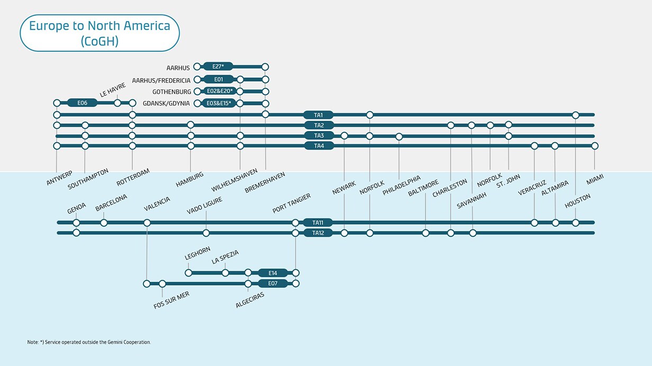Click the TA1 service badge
point(318,115)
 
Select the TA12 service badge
point(318,233)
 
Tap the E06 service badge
point(82,103)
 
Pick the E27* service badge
point(218,67)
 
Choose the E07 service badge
point(273,284)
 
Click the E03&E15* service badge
point(219,103)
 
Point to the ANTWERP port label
point(59,177)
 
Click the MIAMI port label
point(595,181)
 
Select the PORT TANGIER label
point(292,203)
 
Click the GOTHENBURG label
point(171,92)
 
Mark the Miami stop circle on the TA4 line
point(595,146)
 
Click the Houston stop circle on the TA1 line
point(575,115)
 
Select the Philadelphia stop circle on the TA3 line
point(399,137)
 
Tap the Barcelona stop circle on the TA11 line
point(104,222)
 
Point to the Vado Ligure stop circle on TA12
point(206,233)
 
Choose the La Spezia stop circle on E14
point(225,273)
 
